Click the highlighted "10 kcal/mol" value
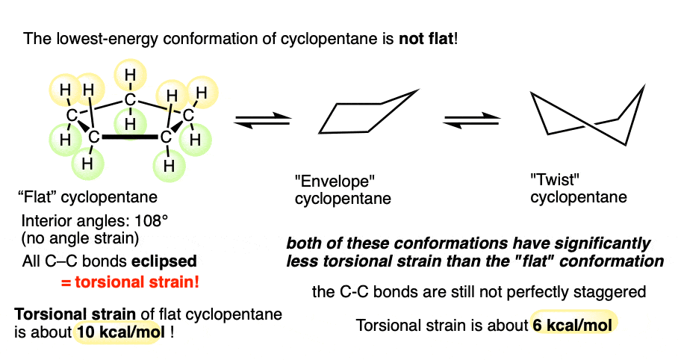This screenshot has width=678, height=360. coord(119,332)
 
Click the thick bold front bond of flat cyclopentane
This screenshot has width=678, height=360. coord(131,137)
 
